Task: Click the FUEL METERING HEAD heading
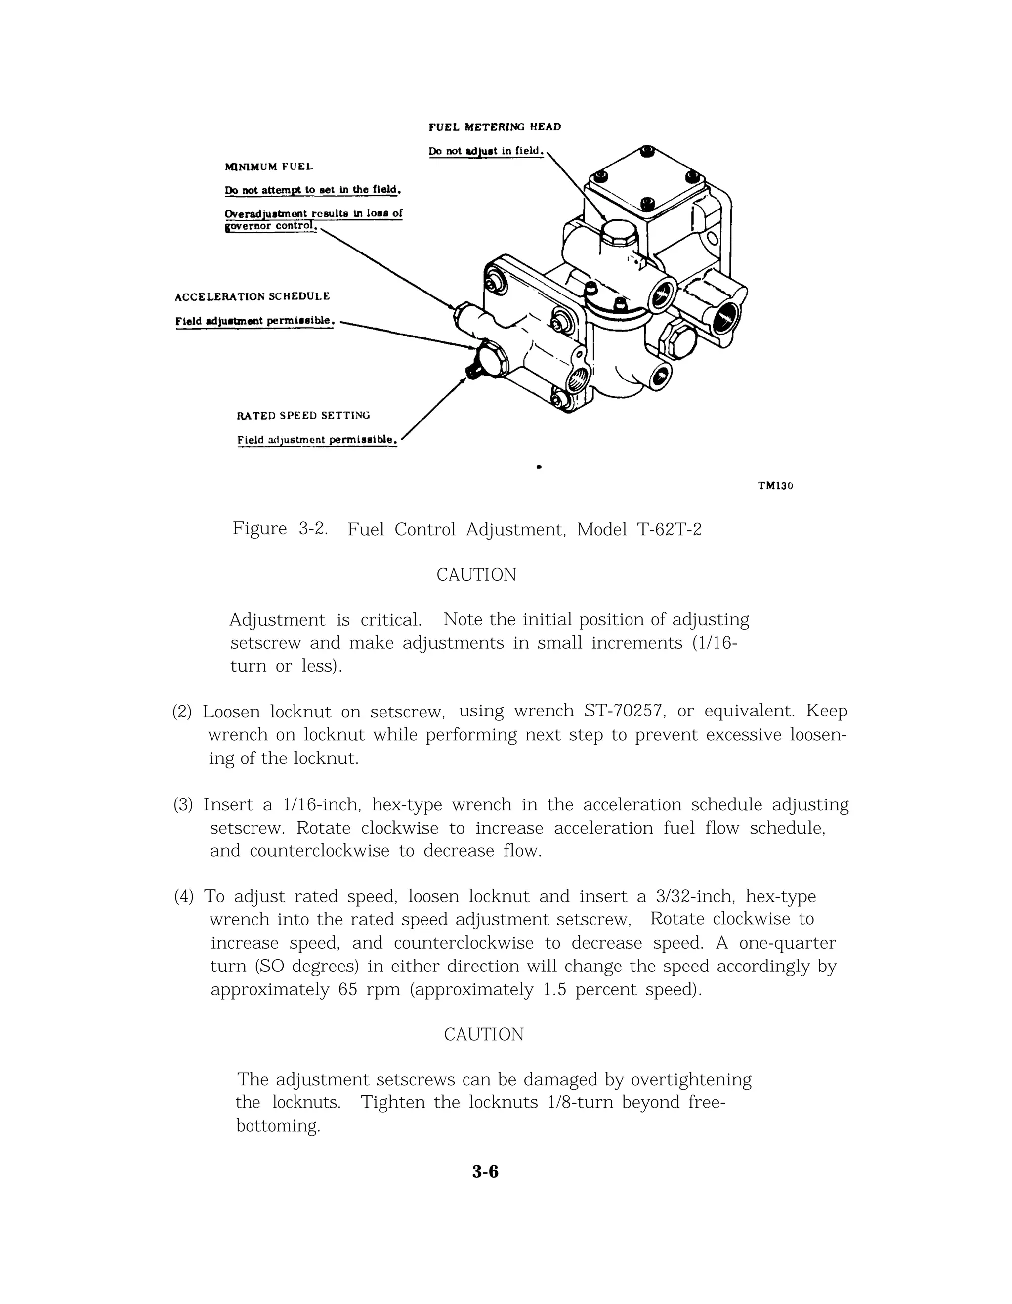(494, 127)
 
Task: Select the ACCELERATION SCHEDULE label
(252, 297)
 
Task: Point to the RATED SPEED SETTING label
(303, 416)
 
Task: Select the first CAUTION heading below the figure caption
(476, 575)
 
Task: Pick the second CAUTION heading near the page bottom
(484, 1035)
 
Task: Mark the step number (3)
(183, 805)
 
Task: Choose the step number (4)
(184, 897)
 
